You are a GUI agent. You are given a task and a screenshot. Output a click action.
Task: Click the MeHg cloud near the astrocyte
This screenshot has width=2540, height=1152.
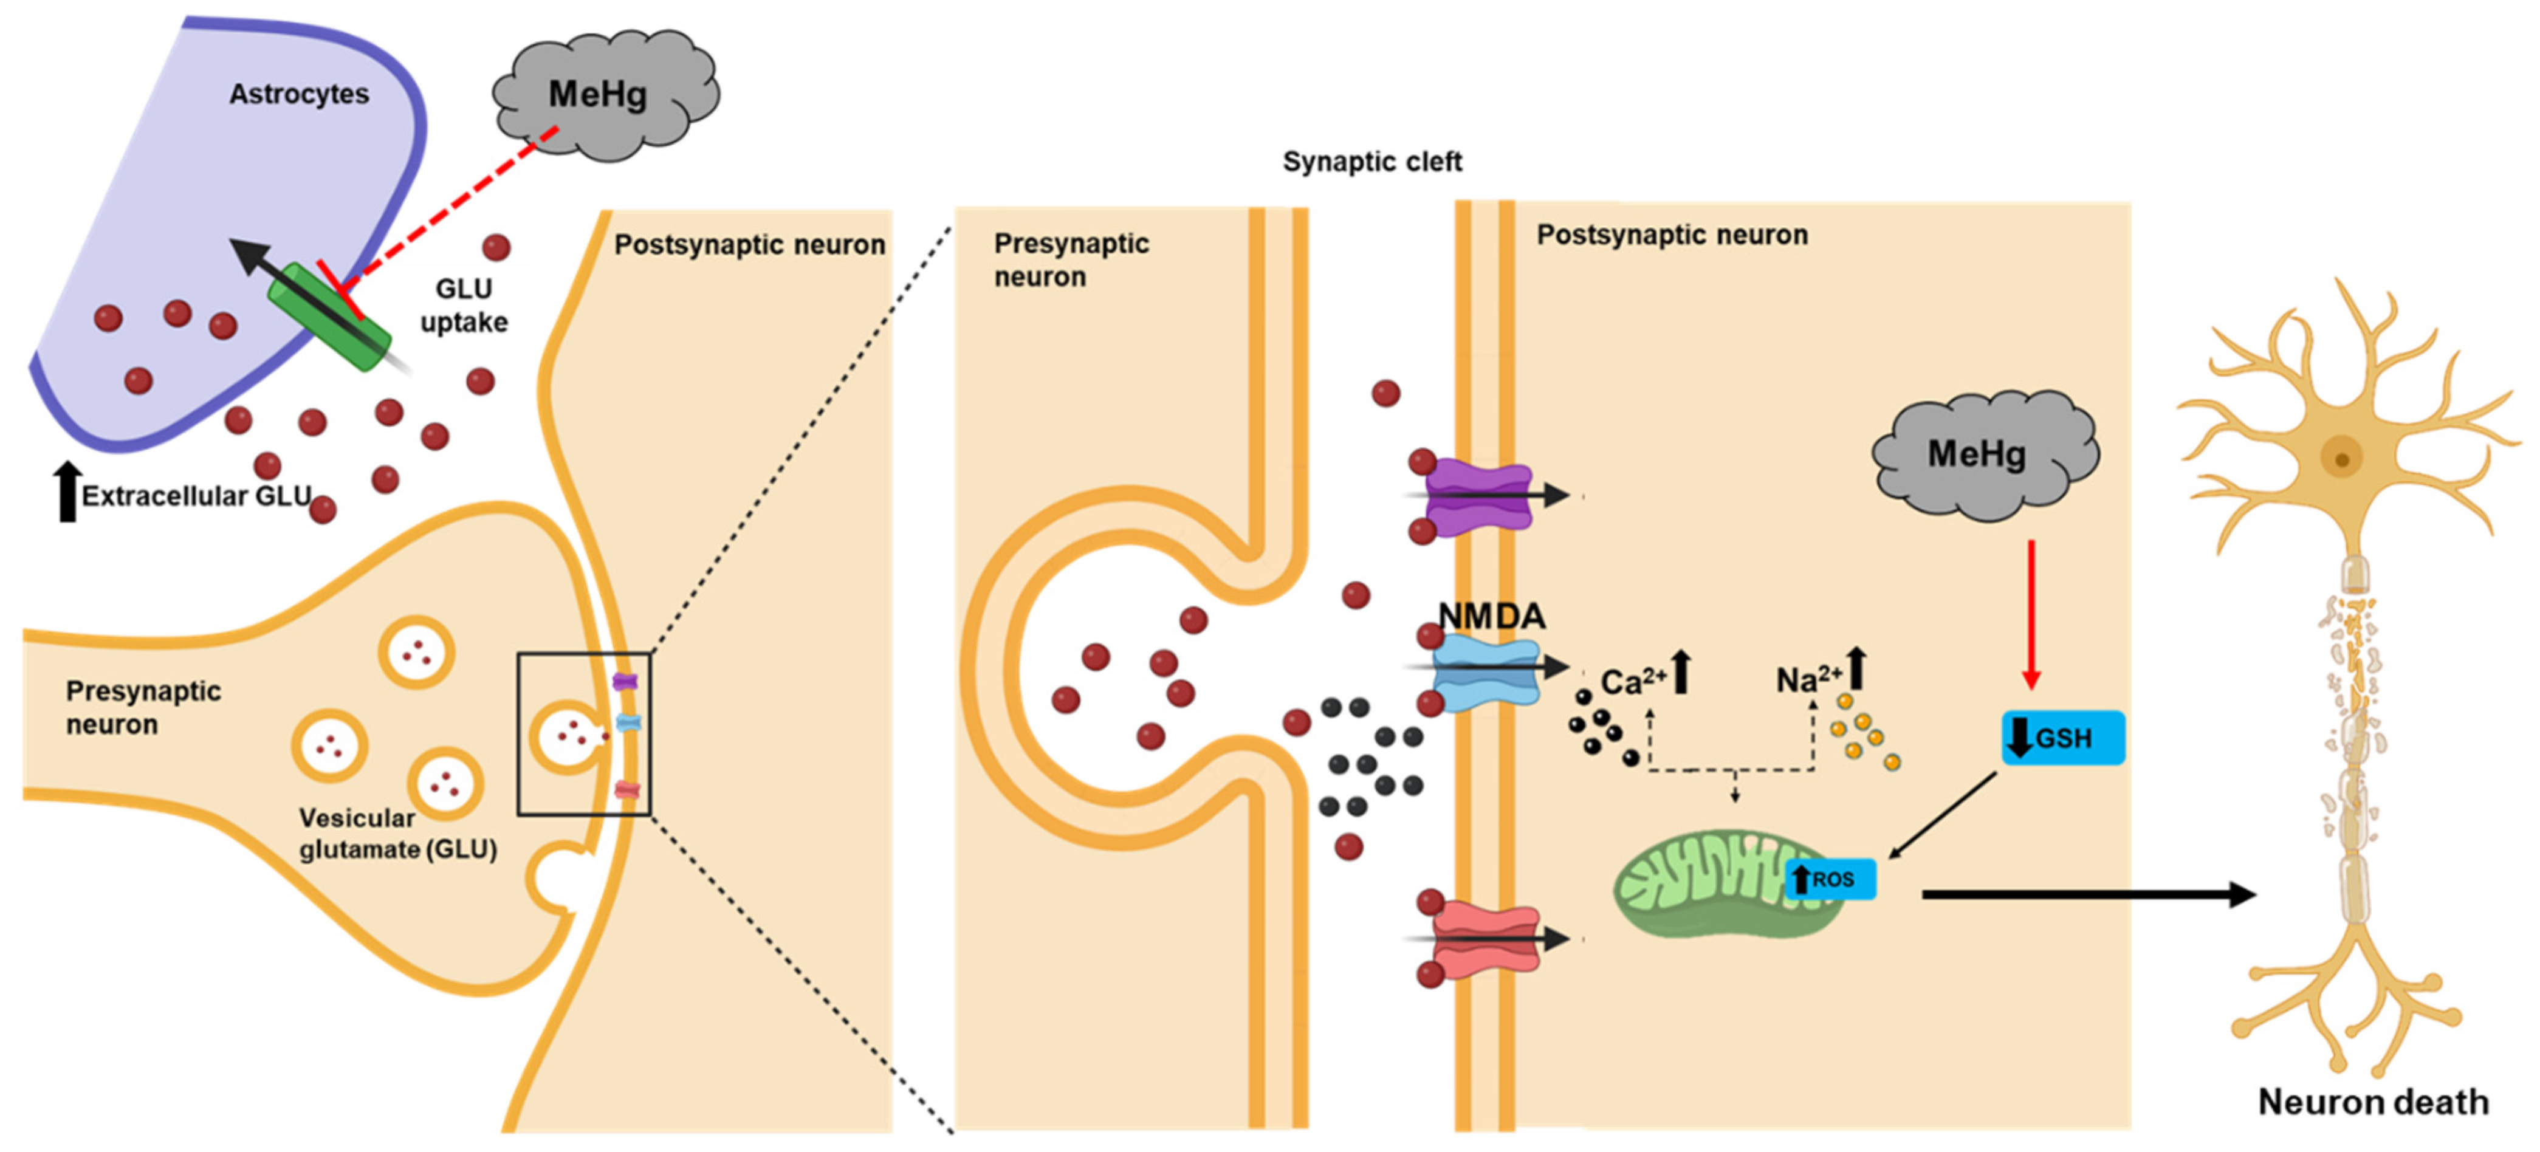(x=603, y=95)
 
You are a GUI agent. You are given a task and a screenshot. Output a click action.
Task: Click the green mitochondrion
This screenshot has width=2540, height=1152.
(x=1706, y=883)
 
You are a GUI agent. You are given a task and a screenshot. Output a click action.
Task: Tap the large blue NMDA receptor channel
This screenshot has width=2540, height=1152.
(x=1484, y=669)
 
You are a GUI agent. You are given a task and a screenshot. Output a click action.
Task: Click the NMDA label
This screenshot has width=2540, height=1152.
(x=1491, y=617)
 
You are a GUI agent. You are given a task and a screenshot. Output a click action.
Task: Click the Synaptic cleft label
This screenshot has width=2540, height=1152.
(x=1371, y=162)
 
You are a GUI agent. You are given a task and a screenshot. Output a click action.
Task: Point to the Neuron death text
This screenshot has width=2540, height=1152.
(x=2372, y=1102)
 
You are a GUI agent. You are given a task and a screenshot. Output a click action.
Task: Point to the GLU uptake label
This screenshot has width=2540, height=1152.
(x=464, y=305)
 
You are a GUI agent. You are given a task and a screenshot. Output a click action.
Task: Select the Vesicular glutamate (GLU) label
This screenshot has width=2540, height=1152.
(x=396, y=834)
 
